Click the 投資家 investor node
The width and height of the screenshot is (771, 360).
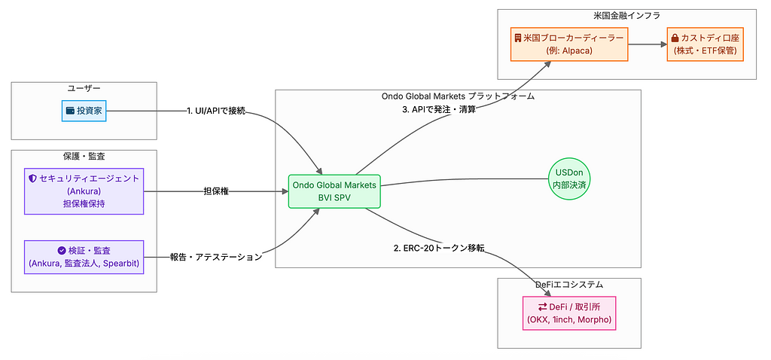point(85,111)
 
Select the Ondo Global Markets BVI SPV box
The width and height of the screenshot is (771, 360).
point(334,192)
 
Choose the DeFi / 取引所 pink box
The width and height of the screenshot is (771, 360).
point(568,313)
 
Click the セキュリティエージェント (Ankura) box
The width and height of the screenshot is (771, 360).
point(84,191)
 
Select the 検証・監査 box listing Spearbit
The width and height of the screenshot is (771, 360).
point(84,257)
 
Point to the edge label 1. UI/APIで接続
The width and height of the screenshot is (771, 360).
point(217,111)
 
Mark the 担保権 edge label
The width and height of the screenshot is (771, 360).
point(216,192)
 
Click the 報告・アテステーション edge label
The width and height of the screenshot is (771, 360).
point(216,257)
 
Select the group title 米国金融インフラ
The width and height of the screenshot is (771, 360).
point(626,16)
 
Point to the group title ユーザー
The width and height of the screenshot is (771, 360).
point(84,88)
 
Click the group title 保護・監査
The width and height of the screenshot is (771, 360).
point(84,157)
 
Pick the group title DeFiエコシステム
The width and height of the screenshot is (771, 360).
point(568,285)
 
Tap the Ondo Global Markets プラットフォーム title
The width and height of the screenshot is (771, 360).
point(458,96)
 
